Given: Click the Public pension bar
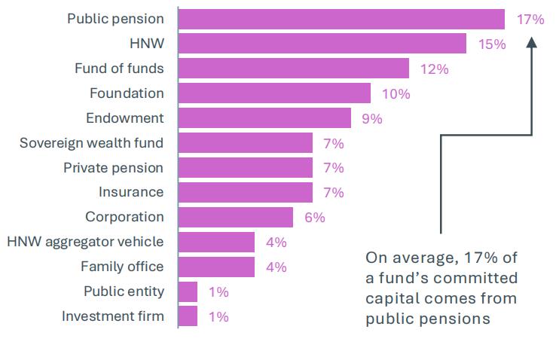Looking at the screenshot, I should [341, 19].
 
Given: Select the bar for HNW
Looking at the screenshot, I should [322, 44].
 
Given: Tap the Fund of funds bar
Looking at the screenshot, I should [294, 69].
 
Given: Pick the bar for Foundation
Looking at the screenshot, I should [274, 93].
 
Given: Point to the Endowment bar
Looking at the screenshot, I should [264, 118].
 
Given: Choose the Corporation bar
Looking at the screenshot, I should [236, 217].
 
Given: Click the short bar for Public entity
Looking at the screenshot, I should [188, 291].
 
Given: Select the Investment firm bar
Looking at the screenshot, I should [188, 316].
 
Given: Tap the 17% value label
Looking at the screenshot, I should [530, 20].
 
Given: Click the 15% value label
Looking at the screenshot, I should [491, 44].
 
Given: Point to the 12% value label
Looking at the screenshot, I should [434, 69].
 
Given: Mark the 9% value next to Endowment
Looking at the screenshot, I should [372, 119].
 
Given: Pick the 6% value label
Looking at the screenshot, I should [314, 218].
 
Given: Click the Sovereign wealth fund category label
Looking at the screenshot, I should [91, 142].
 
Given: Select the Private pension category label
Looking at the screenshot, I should [113, 167].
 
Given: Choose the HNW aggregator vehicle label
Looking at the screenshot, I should [85, 242].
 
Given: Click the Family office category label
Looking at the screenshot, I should [122, 267].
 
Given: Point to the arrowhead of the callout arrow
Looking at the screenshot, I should [531, 42].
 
